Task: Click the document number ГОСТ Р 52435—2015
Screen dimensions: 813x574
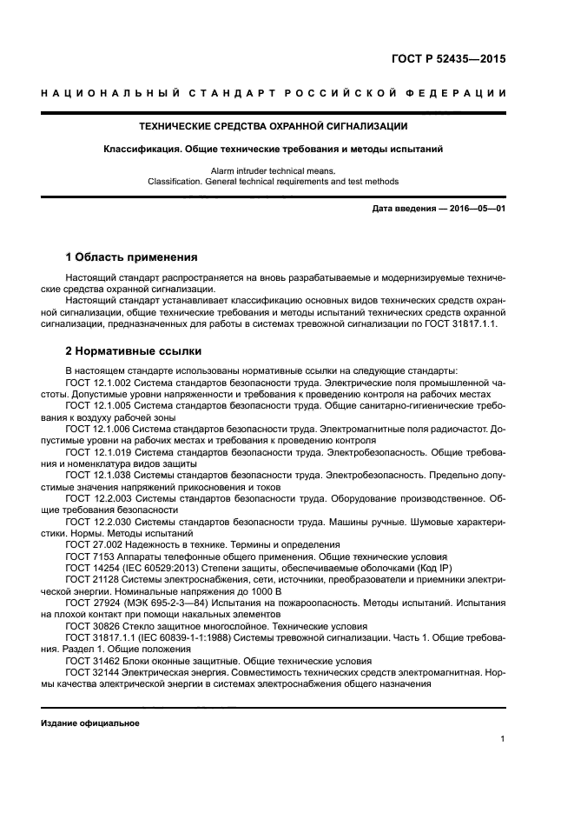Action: click(446, 60)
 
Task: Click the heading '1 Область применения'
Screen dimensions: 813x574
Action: click(131, 257)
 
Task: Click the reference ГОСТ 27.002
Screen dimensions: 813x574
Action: click(91, 544)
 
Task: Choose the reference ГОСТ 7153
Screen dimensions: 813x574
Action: click(86, 556)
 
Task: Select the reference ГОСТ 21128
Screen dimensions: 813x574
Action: click(89, 579)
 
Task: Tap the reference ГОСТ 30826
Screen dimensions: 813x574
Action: click(89, 626)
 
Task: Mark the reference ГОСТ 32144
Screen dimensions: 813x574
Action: click(89, 672)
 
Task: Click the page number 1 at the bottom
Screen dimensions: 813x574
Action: click(502, 739)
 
